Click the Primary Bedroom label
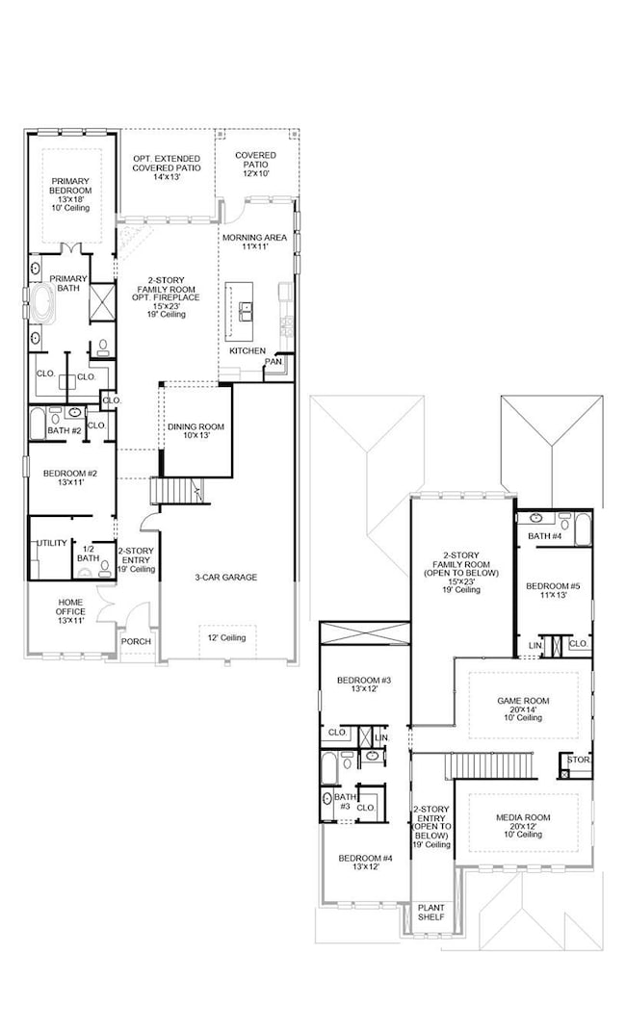pyautogui.click(x=71, y=194)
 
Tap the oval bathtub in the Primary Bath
pyautogui.click(x=43, y=304)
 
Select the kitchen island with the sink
pyautogui.click(x=240, y=310)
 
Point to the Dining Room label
pyautogui.click(x=196, y=430)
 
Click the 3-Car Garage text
pyautogui.click(x=225, y=578)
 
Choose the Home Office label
pyautogui.click(x=70, y=611)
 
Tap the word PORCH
pyautogui.click(x=136, y=641)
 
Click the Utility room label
pyautogui.click(x=52, y=543)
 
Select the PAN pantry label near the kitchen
pyautogui.click(x=274, y=362)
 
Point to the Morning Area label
pyautogui.click(x=254, y=242)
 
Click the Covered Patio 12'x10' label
pyautogui.click(x=256, y=165)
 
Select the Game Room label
pyautogui.click(x=523, y=709)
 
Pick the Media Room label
pyautogui.click(x=523, y=826)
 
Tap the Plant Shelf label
pyautogui.click(x=431, y=912)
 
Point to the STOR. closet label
pyautogui.click(x=579, y=760)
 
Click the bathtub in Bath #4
pyautogui.click(x=583, y=530)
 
